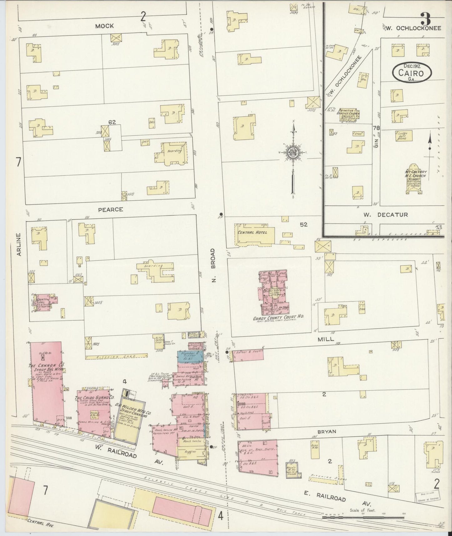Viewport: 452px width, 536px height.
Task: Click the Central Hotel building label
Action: [x=252, y=232]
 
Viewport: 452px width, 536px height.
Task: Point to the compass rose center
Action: [x=293, y=153]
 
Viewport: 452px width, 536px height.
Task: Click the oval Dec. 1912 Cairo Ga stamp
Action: [x=412, y=73]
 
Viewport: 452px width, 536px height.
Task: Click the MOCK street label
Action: [x=104, y=26]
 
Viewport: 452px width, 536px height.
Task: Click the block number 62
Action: [x=112, y=122]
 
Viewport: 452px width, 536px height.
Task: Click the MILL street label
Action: [x=326, y=339]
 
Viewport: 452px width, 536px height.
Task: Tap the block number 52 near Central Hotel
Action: [x=303, y=224]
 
